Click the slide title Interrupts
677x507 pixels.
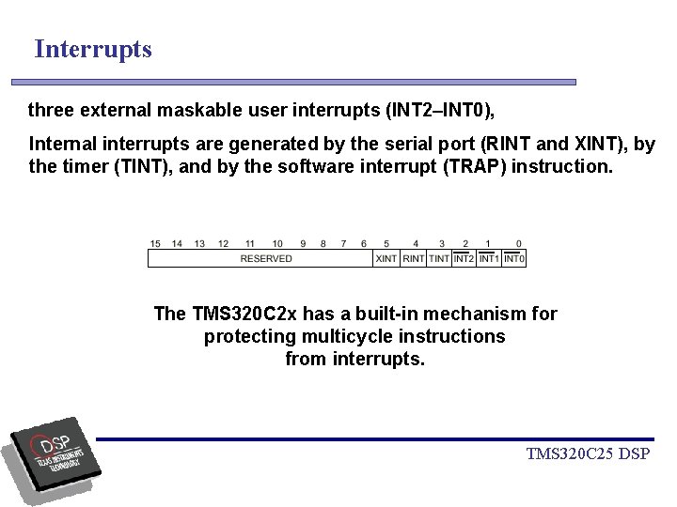tap(93, 49)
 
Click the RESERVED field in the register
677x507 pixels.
tap(266, 258)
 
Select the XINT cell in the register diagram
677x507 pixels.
tap(386, 258)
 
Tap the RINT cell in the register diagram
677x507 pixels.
tap(414, 258)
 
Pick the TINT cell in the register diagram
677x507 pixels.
tap(439, 258)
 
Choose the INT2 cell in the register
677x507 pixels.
tap(464, 258)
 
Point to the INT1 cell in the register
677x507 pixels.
tap(489, 258)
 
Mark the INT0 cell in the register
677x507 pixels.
tap(514, 258)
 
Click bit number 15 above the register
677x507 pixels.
tap(155, 244)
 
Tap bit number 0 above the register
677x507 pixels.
tap(518, 244)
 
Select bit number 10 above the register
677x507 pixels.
tap(277, 244)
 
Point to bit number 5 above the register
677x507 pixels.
tap(386, 244)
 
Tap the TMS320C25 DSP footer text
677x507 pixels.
tap(589, 455)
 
